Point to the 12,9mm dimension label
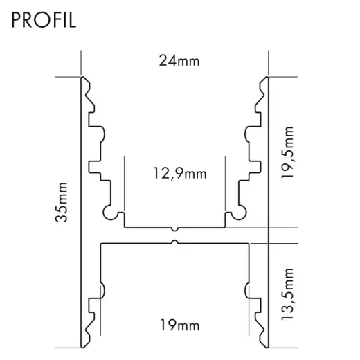(x=179, y=174)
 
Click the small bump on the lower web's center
(x=175, y=242)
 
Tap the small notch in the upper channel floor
(x=175, y=228)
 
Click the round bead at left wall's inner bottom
(x=109, y=213)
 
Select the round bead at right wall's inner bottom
(x=241, y=213)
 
